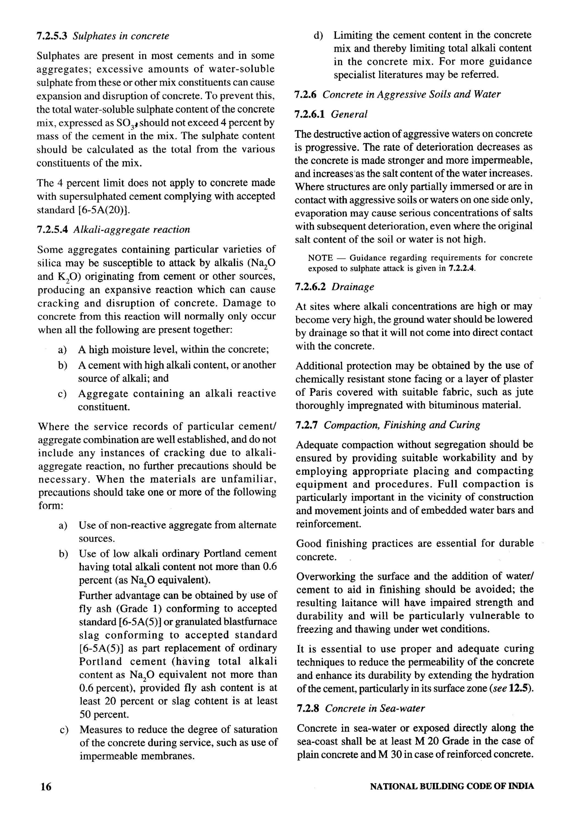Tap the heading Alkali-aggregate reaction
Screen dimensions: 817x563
point(132,230)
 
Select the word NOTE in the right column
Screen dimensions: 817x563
point(320,258)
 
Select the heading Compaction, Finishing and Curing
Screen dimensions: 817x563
point(402,425)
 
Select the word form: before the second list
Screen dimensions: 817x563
point(50,505)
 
